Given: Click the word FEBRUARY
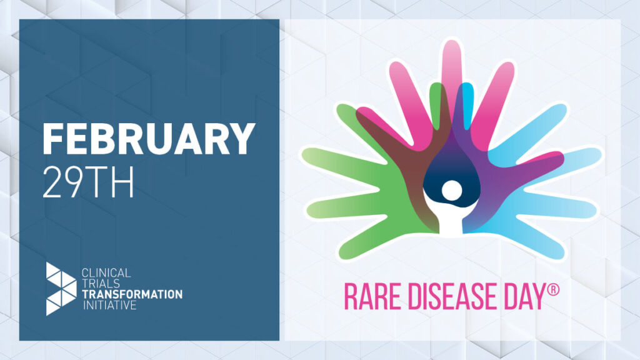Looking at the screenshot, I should point(149,139).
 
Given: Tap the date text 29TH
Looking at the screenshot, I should point(88,182).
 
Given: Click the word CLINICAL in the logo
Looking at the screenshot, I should point(106,273).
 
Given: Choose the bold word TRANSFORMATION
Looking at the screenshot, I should point(132,294).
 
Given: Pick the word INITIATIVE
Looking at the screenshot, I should point(106,305).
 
